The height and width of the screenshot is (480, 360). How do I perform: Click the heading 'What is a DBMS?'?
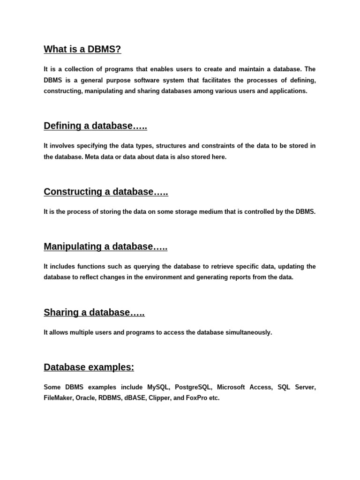82,49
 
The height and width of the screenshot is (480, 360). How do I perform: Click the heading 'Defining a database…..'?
95,126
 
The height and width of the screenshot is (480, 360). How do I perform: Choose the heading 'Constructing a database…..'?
106,192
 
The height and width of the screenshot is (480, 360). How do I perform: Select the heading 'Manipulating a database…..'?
105,247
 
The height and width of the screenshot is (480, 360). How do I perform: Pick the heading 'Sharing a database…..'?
94,312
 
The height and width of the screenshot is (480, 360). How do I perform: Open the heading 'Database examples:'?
89,367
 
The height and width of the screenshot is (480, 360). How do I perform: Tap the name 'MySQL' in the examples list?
158,387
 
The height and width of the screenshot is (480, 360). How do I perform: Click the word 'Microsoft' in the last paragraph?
232,387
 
